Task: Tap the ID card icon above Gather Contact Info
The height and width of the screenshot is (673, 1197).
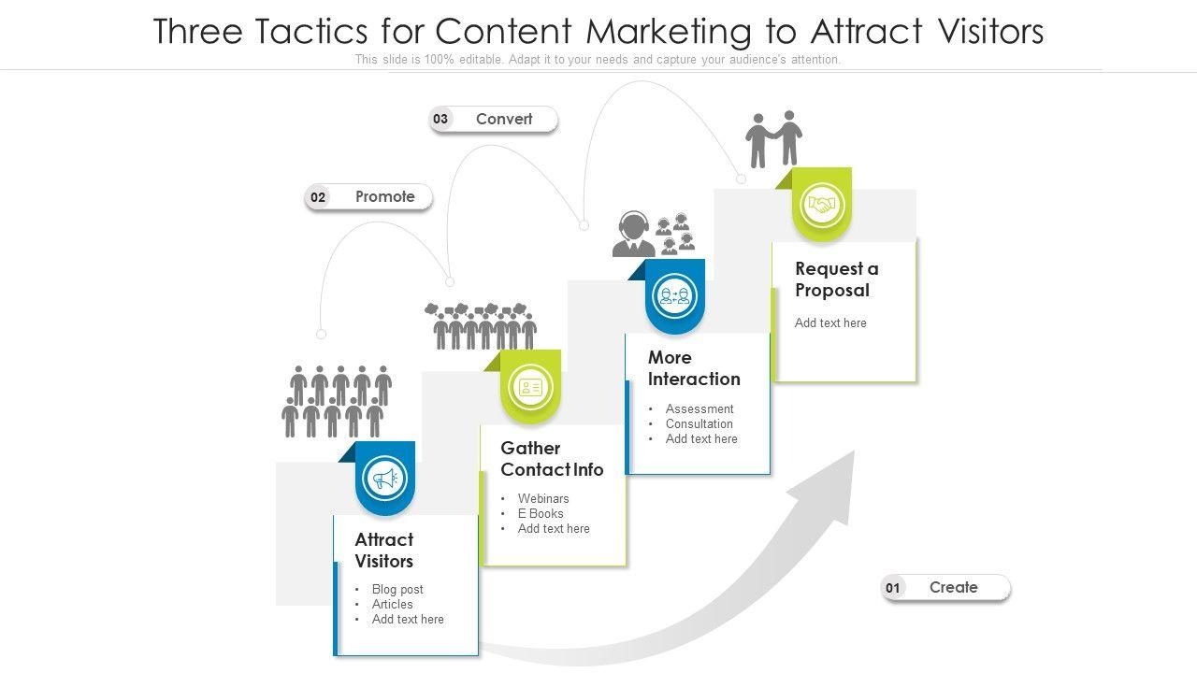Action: pos(530,387)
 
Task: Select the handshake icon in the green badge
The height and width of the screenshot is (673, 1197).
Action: pos(823,205)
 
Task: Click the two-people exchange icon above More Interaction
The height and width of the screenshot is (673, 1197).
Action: pos(675,296)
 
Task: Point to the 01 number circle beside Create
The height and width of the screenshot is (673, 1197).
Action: pos(893,588)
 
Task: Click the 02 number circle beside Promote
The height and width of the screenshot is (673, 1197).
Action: pos(318,197)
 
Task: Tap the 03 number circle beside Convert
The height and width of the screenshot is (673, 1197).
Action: pos(440,119)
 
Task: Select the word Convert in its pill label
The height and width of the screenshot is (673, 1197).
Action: pos(504,119)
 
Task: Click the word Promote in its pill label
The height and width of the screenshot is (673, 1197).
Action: pos(384,196)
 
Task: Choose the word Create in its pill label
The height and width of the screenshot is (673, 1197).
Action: pos(953,587)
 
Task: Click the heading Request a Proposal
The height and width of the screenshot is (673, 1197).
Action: pos(836,279)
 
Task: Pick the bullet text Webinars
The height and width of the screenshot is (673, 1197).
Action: pos(543,498)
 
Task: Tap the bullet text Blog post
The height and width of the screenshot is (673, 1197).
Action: pos(397,589)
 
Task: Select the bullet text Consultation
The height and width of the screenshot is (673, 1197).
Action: pos(699,423)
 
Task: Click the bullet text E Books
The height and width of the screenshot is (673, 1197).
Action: pos(541,513)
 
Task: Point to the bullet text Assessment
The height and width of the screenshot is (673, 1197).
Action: pos(699,408)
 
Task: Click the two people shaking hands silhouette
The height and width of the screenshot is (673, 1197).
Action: pos(774,138)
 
